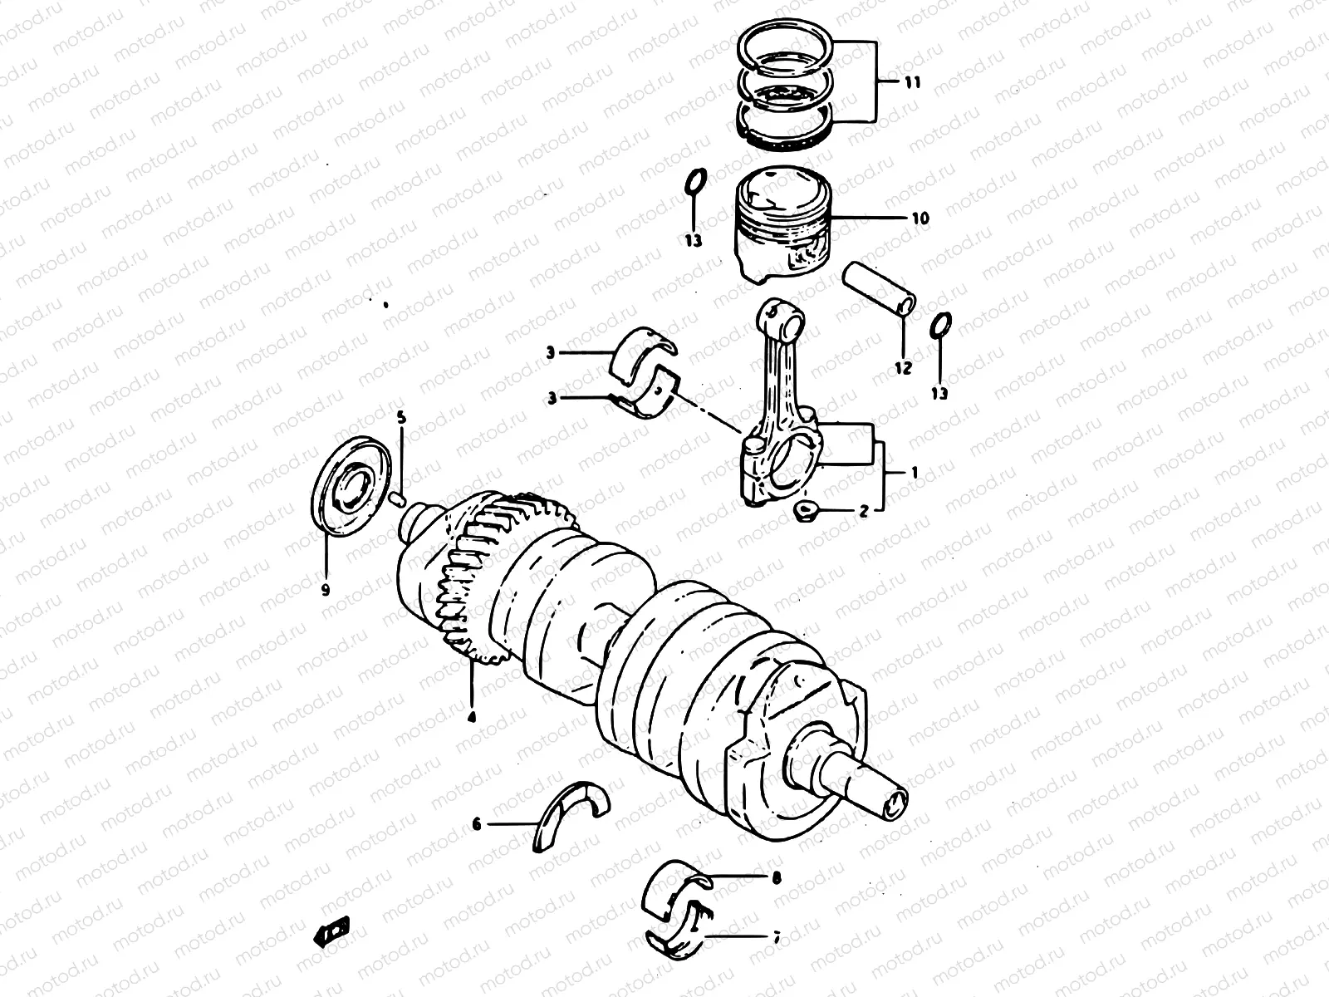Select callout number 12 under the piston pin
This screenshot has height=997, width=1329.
pyautogui.click(x=903, y=366)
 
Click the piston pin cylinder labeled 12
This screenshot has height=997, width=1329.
pyautogui.click(x=880, y=290)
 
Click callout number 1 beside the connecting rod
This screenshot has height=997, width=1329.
pyautogui.click(x=914, y=472)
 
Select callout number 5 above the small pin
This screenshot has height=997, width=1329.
pyautogui.click(x=401, y=418)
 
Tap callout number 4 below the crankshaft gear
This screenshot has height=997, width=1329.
pyautogui.click(x=471, y=715)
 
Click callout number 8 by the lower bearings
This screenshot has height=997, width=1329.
pyautogui.click(x=777, y=877)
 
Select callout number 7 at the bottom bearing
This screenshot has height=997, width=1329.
pyautogui.click(x=777, y=938)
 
